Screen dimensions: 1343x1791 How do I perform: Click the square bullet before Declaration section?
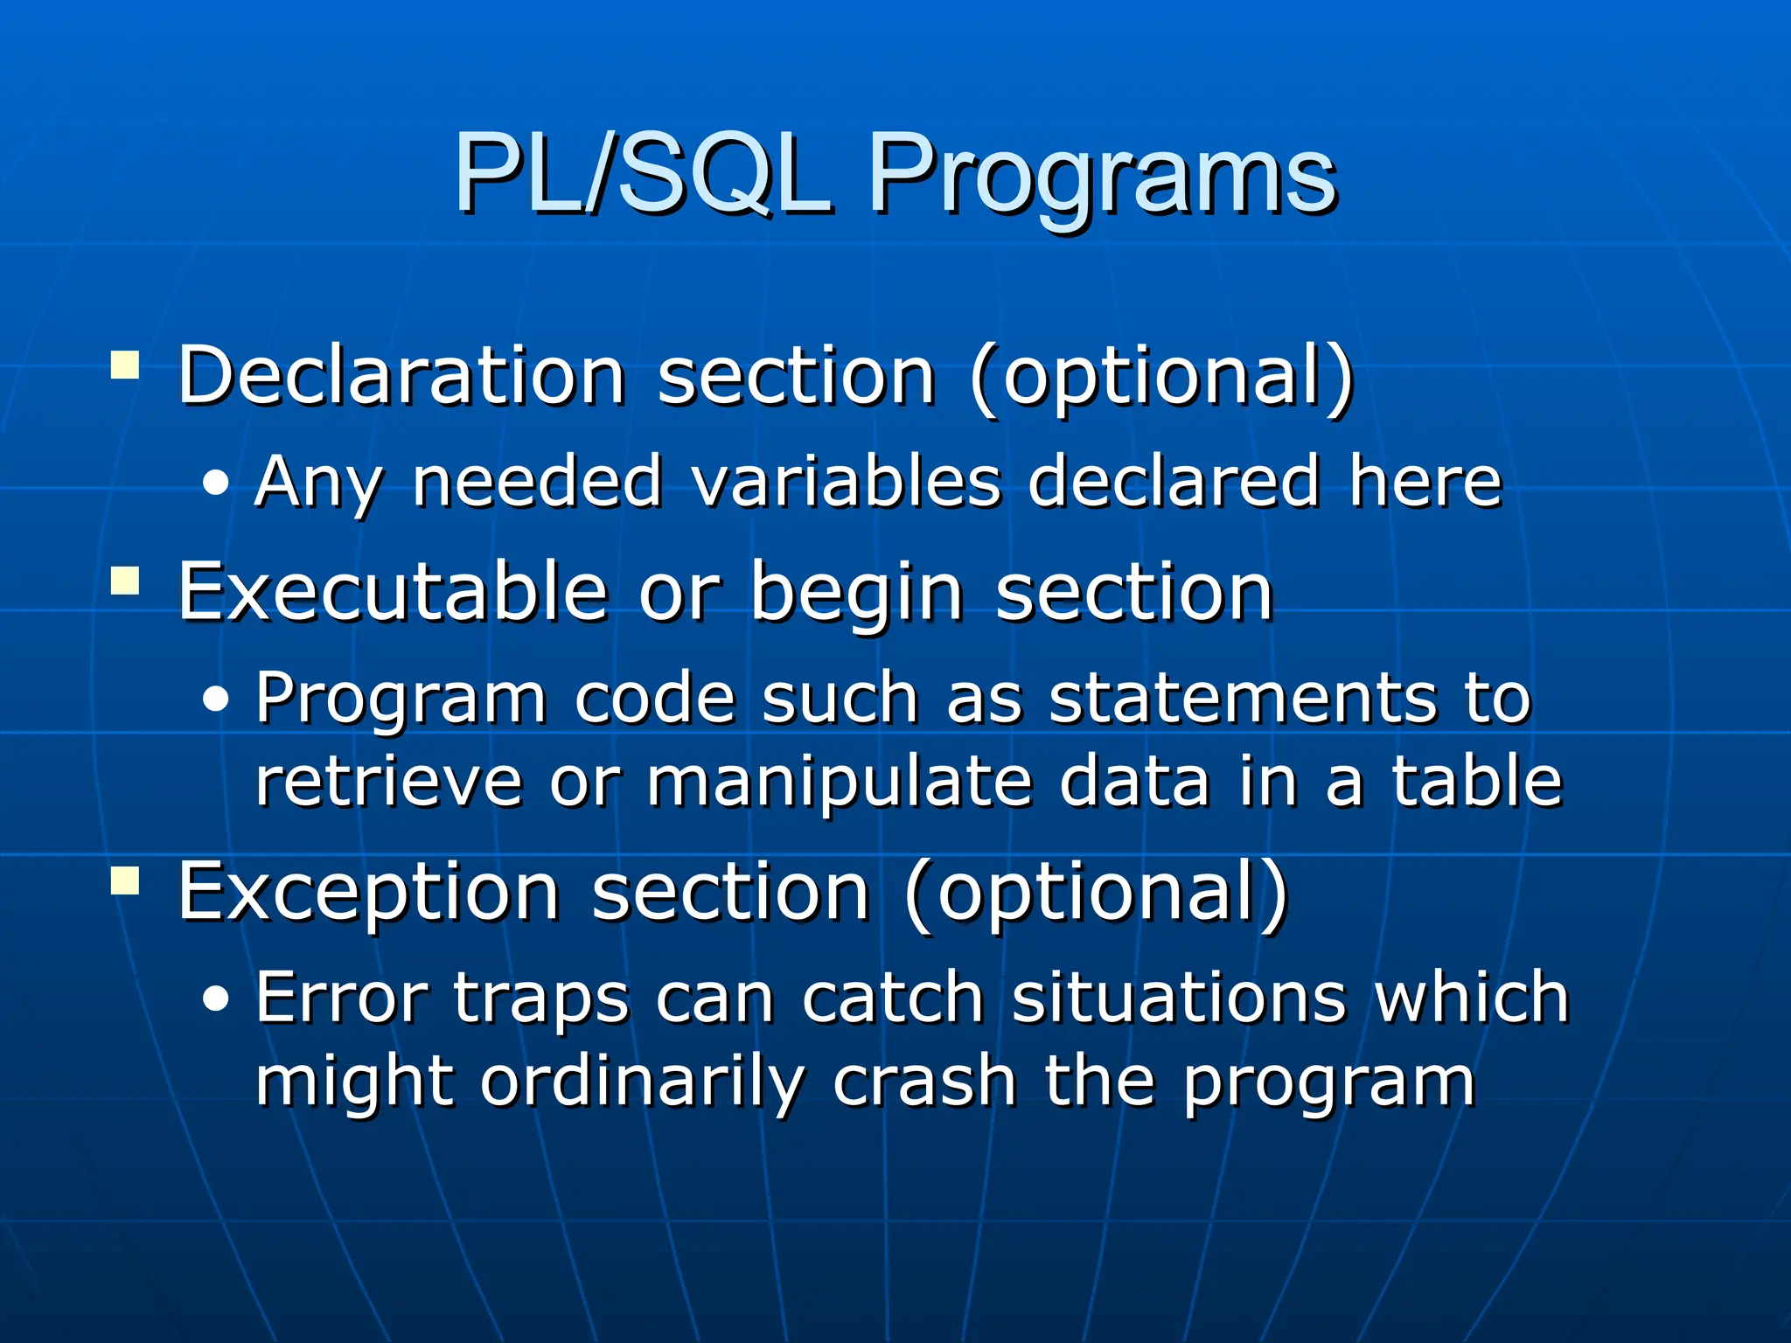tap(126, 365)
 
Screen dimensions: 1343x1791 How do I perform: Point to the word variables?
tap(846, 482)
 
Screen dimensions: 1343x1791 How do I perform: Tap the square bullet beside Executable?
tap(126, 581)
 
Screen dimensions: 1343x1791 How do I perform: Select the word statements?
tap(1243, 699)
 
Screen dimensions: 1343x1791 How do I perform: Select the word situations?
tap(1179, 998)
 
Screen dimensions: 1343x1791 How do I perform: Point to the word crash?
tap(923, 1081)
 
